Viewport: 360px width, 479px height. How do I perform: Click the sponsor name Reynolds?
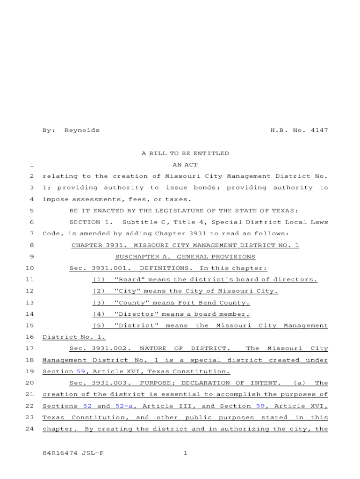[82, 130]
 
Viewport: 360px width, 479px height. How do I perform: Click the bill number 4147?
[319, 130]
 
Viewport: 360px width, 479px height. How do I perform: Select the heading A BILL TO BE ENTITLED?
[185, 153]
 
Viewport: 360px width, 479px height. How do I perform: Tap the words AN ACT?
[185, 165]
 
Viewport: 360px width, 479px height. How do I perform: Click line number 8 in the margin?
[31, 245]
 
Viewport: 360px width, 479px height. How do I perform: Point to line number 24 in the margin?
[29, 429]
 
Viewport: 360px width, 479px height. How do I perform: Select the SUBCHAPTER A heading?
[185, 257]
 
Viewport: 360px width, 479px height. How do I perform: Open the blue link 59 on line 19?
[81, 371]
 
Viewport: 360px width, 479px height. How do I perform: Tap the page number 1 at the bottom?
[185, 453]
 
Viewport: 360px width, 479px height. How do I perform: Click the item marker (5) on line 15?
[99, 326]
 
